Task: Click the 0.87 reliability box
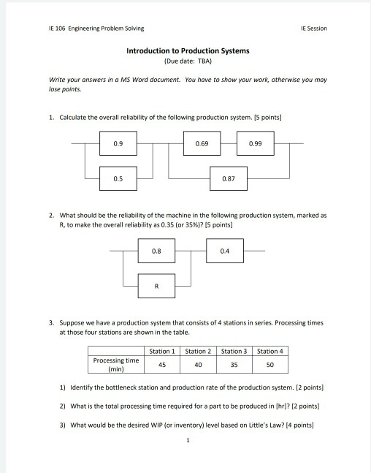pos(228,178)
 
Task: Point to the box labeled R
pos(156,286)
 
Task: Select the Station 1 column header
pos(161,351)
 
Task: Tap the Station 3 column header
pos(234,351)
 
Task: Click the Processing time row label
pos(115,364)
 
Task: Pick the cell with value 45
pos(161,364)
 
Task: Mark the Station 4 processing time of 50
pos(269,364)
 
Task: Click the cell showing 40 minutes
pos(198,364)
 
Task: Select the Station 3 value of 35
pos(234,364)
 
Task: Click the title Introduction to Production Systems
pos(188,51)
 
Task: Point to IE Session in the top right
pos(313,29)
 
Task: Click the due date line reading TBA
pos(188,62)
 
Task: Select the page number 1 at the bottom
pos(188,440)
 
